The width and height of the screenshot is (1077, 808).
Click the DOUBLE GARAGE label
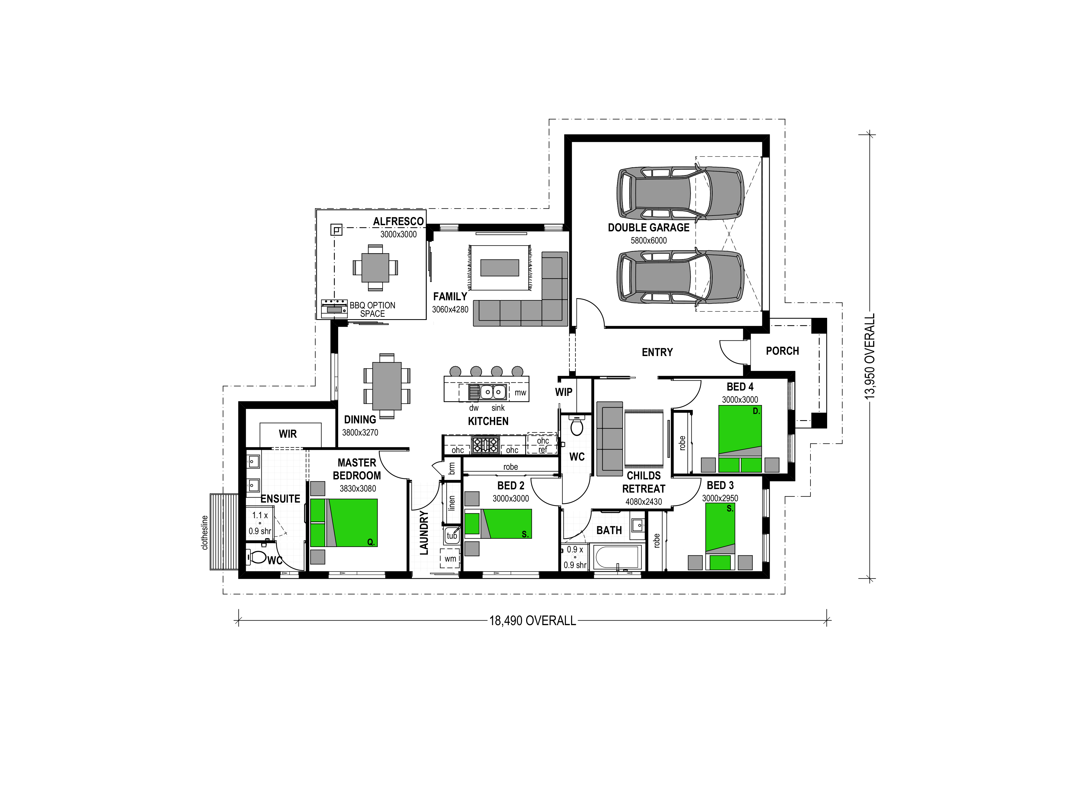point(649,227)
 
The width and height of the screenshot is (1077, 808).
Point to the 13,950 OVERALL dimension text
point(870,357)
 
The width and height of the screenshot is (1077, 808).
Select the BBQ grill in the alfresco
point(334,308)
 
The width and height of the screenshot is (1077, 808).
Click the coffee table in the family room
point(499,267)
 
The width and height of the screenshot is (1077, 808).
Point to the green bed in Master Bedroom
point(344,522)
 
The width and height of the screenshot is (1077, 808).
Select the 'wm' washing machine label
point(450,559)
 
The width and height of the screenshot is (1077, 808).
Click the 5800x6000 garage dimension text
point(649,240)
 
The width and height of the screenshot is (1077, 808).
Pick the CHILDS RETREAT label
point(644,482)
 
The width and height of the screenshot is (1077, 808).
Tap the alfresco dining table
point(375,267)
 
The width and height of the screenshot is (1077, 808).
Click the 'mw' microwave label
point(520,393)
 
